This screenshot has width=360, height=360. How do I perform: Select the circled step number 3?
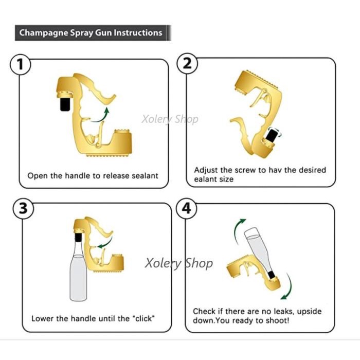pos(22,209)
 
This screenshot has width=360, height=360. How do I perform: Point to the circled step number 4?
pos(187,209)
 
